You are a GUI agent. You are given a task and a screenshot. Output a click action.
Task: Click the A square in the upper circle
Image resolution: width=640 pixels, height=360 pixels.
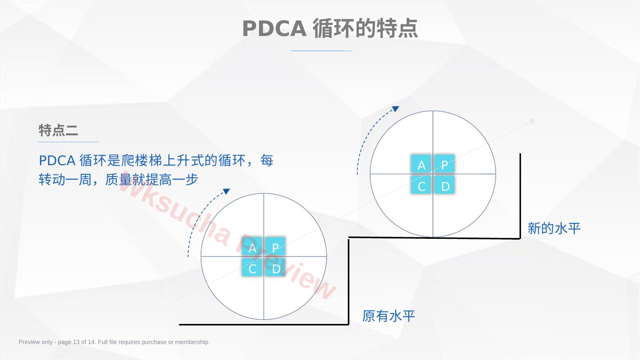421,164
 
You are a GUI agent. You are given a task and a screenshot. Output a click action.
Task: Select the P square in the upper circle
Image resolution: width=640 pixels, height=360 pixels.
444,164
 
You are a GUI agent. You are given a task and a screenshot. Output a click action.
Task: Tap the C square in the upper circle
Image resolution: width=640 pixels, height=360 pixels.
421,185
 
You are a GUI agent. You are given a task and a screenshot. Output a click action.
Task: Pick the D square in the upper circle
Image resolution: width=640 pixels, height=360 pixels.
444,185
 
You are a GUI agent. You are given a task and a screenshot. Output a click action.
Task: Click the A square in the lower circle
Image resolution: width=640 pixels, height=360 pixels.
252,246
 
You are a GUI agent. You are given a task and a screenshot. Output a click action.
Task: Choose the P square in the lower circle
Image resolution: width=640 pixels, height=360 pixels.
275,246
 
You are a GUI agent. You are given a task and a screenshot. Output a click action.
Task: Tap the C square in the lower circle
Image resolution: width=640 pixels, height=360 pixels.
252,267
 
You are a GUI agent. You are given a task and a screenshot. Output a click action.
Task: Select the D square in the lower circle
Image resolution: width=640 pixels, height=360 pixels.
275,267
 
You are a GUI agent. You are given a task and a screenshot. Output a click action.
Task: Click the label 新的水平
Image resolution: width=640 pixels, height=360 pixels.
554,228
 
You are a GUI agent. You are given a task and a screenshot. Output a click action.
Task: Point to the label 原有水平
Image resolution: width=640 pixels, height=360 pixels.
389,316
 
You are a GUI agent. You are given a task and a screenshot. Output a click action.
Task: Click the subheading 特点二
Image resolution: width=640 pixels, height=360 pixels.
58,130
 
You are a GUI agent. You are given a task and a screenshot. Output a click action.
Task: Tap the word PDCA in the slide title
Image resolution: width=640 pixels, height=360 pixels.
274,28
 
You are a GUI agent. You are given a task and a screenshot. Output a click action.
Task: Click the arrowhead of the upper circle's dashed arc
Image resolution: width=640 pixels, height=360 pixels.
396,109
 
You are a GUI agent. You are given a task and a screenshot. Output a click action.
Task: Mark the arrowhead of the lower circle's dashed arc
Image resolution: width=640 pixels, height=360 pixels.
227,191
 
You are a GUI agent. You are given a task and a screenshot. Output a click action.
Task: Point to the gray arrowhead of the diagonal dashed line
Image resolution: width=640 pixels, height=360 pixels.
532,121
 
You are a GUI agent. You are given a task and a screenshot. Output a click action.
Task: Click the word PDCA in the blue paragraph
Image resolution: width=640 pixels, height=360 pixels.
57,161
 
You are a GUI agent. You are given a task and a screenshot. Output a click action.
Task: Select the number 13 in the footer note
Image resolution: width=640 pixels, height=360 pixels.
76,342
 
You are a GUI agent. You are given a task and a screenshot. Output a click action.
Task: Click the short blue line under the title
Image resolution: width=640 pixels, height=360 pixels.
322,51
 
